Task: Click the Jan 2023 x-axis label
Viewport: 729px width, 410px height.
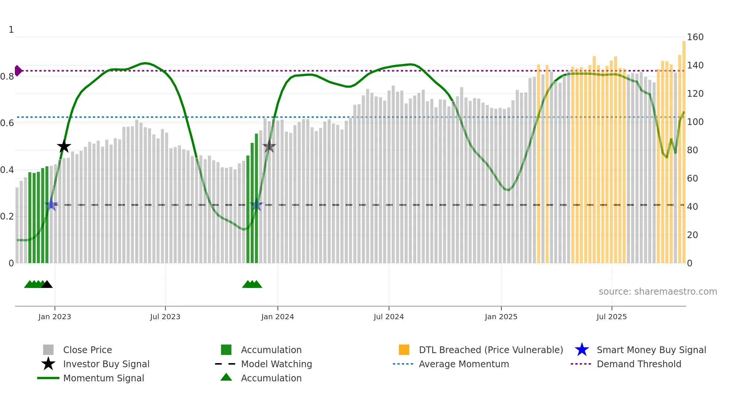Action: (54, 317)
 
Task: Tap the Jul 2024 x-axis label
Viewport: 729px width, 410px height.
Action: (389, 317)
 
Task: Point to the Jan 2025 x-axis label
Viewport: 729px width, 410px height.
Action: (501, 317)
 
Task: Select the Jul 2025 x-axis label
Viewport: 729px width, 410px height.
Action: (611, 317)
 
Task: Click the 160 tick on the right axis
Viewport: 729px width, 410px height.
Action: (695, 37)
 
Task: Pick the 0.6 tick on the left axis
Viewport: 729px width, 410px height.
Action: (7, 123)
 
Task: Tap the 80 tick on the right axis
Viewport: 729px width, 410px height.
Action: (693, 150)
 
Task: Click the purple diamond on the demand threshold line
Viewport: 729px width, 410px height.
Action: (18, 71)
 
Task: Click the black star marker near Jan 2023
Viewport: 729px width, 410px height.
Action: (64, 146)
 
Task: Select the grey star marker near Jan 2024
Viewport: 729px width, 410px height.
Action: (269, 147)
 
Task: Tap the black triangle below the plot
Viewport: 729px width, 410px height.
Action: (47, 285)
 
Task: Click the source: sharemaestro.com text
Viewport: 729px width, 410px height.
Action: (658, 292)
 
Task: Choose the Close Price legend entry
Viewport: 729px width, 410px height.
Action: (87, 350)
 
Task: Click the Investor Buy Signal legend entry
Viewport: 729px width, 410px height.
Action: (106, 364)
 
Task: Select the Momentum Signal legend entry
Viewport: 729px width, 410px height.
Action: (103, 378)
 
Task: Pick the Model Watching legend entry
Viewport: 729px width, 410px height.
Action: (276, 364)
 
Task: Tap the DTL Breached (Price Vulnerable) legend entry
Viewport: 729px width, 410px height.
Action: (491, 350)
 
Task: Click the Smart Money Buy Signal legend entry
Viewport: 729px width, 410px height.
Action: (651, 350)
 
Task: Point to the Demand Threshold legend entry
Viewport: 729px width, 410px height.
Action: (639, 364)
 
